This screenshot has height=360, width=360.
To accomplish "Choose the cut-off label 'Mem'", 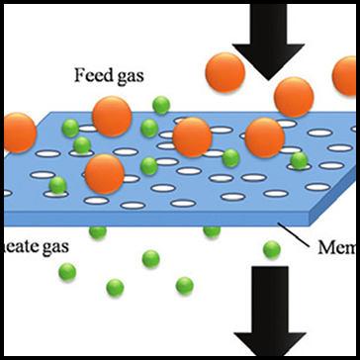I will click(336, 246).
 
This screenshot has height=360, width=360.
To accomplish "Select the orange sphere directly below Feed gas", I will click(112, 116).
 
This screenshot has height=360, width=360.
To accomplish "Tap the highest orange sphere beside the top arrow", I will click(225, 73).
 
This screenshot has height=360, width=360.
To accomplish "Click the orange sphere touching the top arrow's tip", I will click(294, 97).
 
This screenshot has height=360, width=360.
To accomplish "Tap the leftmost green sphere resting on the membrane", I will click(57, 184).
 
